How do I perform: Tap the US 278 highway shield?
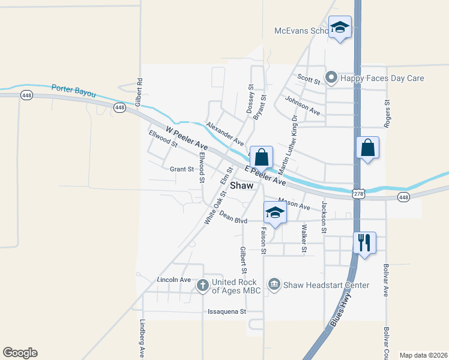[358, 193]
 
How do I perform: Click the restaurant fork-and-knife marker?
[364, 243]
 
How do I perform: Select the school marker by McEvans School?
[340, 28]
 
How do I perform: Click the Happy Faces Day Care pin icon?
[331, 77]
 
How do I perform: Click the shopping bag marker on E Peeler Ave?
[262, 158]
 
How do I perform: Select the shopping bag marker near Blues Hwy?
[367, 148]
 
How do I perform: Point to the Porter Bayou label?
[73, 89]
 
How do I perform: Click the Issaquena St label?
[226, 311]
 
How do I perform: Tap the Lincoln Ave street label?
[173, 280]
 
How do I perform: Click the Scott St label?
[309, 77]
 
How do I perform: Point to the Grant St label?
[182, 169]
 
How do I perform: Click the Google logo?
[20, 353]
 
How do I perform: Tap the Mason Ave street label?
[294, 205]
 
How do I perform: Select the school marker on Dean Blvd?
[275, 213]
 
